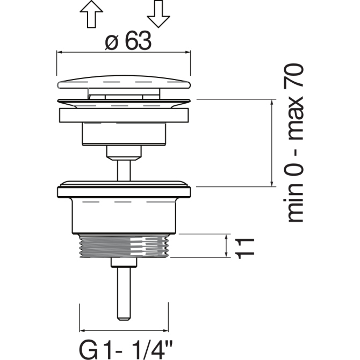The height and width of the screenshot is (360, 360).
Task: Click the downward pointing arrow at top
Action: (x=158, y=14)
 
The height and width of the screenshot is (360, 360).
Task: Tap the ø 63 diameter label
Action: (x=128, y=41)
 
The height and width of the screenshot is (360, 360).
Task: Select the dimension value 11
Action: (x=244, y=249)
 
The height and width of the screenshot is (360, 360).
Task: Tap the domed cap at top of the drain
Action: (x=124, y=82)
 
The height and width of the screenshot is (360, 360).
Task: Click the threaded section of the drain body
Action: (x=124, y=246)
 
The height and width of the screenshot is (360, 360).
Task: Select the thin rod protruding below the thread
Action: (x=124, y=294)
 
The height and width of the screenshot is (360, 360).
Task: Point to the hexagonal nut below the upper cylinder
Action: (x=124, y=153)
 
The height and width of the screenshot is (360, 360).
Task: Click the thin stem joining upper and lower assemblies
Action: (x=124, y=170)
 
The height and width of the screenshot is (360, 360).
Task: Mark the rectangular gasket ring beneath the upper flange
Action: (x=124, y=116)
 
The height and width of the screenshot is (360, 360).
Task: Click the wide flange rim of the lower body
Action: (x=124, y=192)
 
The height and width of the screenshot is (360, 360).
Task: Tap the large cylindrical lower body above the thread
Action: (x=124, y=216)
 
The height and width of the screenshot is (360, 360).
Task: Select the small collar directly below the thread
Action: (x=124, y=262)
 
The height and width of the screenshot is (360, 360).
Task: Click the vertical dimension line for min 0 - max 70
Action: (x=272, y=143)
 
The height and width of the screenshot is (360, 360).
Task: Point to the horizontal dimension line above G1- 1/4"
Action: (x=124, y=330)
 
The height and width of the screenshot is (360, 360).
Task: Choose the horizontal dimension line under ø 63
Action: (x=124, y=52)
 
